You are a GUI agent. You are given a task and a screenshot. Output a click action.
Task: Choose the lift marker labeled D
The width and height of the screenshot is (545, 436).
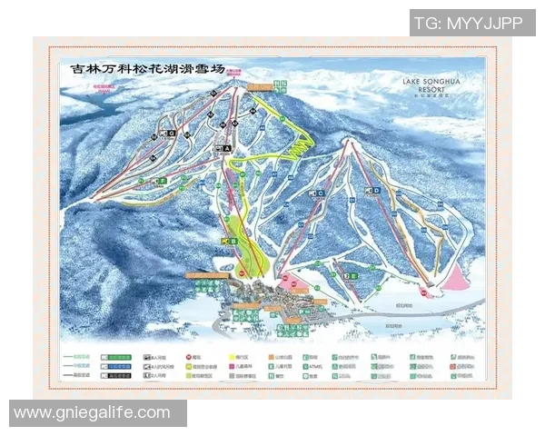[373, 191]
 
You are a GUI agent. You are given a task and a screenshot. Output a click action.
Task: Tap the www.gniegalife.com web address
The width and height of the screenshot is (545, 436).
[92, 413]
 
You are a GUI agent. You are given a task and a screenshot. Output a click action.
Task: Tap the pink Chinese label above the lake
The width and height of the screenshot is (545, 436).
[106, 88]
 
